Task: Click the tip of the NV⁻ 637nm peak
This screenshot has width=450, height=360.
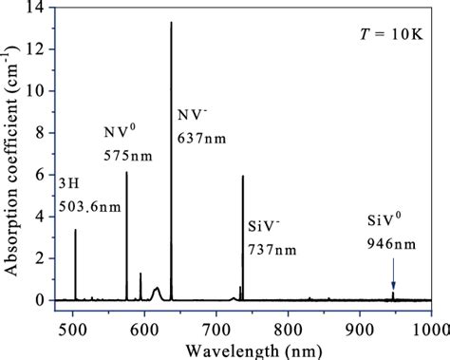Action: (171, 23)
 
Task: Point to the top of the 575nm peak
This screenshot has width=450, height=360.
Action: (126, 172)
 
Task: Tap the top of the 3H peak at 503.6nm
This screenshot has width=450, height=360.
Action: (75, 229)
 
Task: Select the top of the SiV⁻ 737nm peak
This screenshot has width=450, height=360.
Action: (243, 176)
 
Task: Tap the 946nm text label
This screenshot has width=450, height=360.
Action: (391, 242)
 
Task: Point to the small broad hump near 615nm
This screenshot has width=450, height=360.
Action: (157, 289)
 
